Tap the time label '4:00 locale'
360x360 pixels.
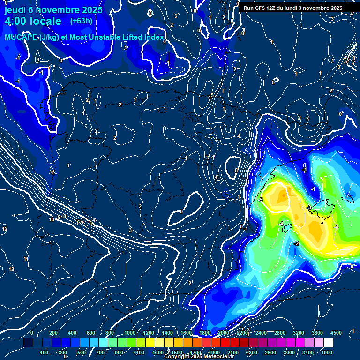[33, 21]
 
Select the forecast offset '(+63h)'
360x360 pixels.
[81, 21]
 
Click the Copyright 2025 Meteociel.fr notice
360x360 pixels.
[199, 357]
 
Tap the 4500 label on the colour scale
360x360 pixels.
[336, 333]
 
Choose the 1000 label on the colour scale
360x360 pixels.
[129, 333]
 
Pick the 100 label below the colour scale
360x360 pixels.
[45, 352]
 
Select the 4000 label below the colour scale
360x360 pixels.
[327, 352]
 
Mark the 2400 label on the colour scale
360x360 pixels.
[261, 333]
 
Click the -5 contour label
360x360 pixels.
[261, 200]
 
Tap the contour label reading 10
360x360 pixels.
[52, 219]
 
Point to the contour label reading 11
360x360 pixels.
[26, 259]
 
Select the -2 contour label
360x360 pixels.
[296, 243]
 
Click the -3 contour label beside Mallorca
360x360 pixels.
[309, 207]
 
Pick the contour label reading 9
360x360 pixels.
[59, 217]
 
